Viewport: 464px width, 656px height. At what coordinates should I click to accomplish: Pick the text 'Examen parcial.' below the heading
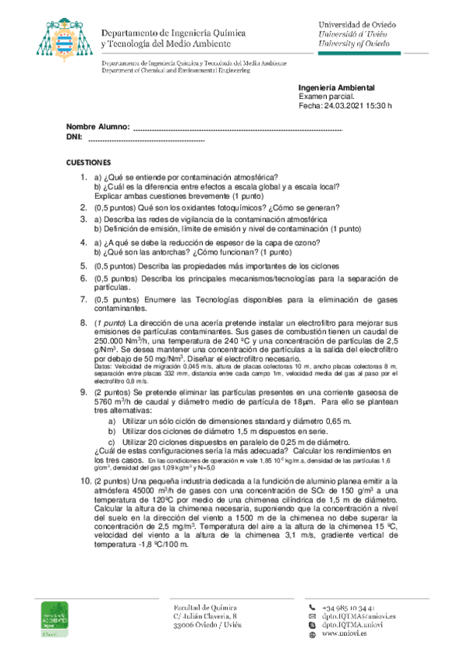tap(327, 97)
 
